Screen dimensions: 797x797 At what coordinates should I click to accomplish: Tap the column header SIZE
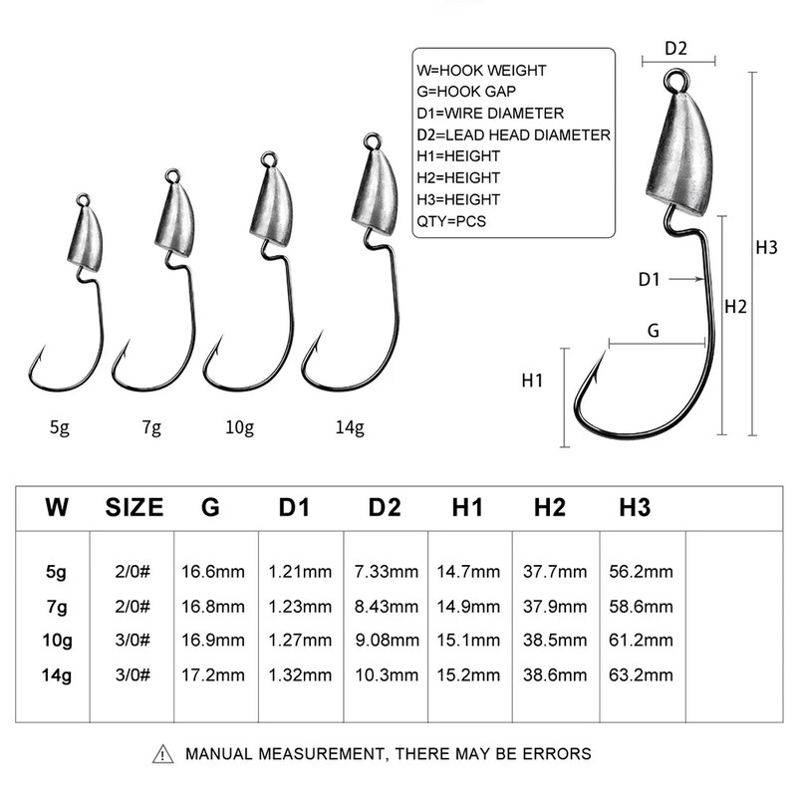pyautogui.click(x=133, y=508)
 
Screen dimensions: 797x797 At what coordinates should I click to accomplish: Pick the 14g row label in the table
pyautogui.click(x=57, y=674)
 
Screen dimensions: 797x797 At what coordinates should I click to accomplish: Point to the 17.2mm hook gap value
pyautogui.click(x=212, y=674)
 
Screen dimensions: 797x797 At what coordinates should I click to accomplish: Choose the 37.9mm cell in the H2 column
pyautogui.click(x=554, y=606)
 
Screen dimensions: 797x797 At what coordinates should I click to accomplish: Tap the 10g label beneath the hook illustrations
pyautogui.click(x=240, y=428)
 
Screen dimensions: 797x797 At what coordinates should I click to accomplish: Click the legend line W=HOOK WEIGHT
pyautogui.click(x=482, y=71)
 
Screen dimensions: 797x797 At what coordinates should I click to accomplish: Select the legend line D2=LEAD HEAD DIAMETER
pyautogui.click(x=514, y=134)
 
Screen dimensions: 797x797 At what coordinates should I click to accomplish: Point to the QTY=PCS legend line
pyautogui.click(x=451, y=221)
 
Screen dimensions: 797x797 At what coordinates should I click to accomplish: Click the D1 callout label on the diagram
pyautogui.click(x=649, y=280)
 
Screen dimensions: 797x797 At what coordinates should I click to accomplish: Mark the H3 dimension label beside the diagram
pyautogui.click(x=766, y=247)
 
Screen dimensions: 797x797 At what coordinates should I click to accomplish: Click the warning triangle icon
pyautogui.click(x=162, y=754)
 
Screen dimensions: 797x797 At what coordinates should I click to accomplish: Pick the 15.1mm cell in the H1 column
pyautogui.click(x=468, y=640)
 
